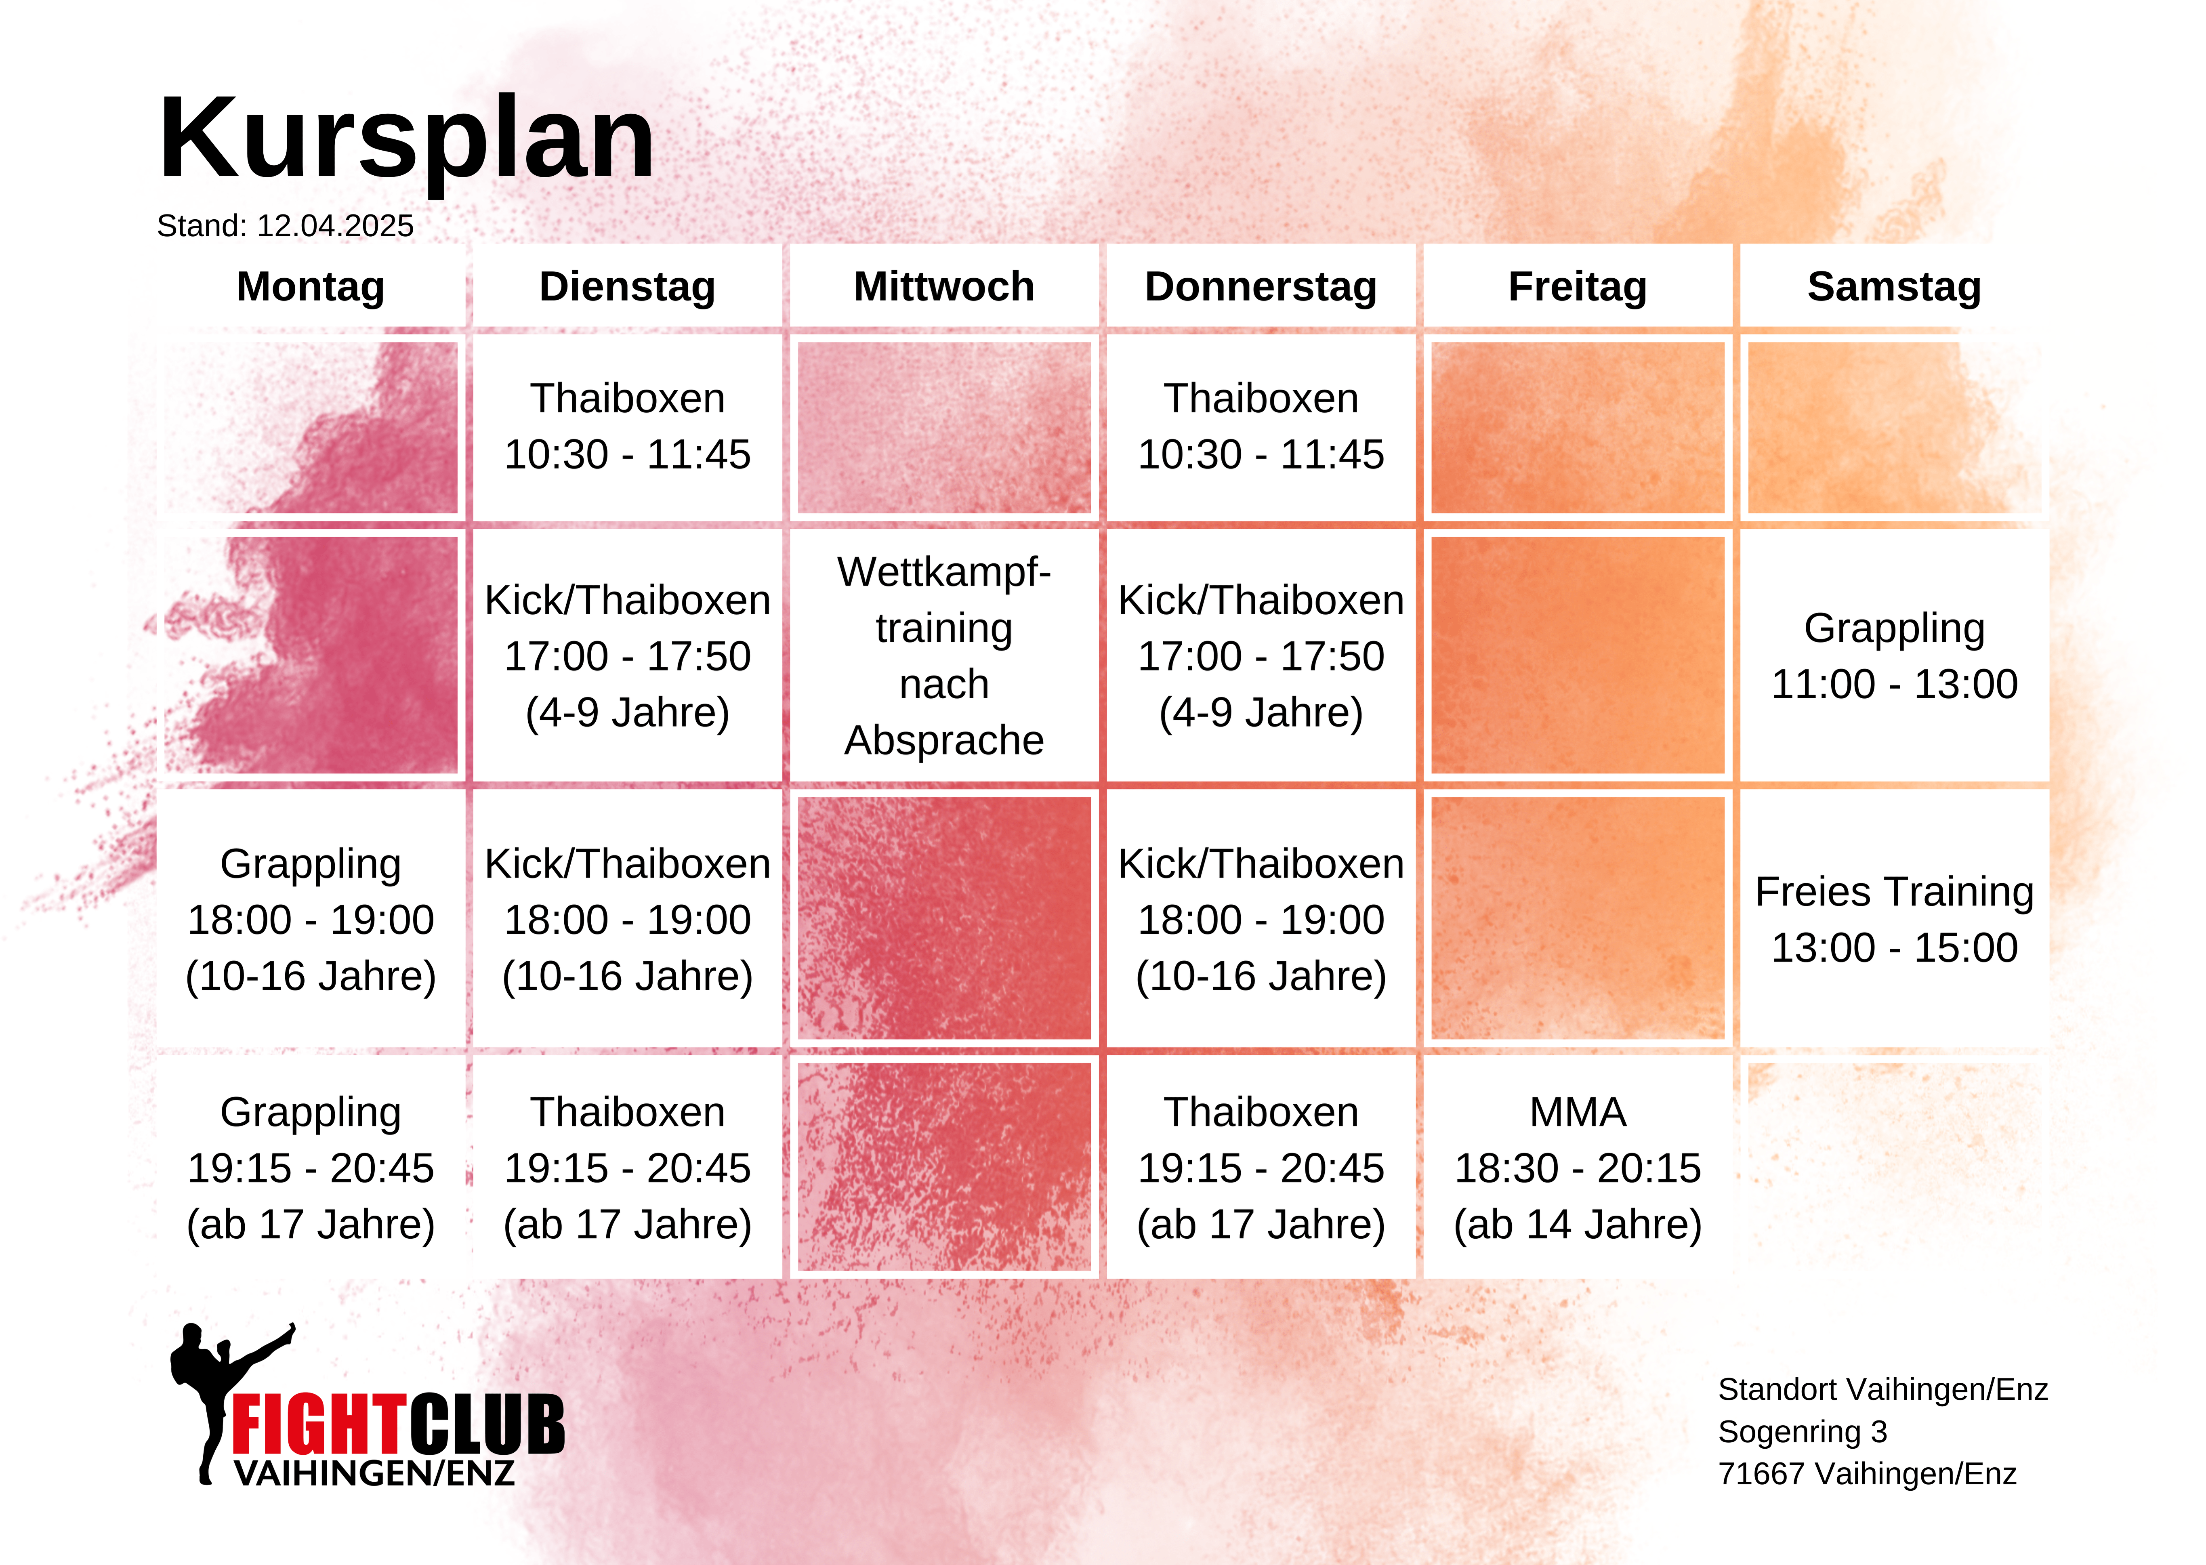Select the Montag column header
[310, 286]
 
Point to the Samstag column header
[1894, 286]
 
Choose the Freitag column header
[1578, 286]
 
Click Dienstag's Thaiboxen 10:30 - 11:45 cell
[627, 427]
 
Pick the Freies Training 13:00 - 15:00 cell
[1894, 919]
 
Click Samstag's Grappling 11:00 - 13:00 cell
[1894, 655]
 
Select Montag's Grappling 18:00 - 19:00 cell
[310, 919]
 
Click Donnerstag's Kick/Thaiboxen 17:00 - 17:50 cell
[1261, 655]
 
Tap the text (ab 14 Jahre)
[1578, 1224]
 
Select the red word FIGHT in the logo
[318, 1424]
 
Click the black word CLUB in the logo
[487, 1424]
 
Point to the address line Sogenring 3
[1802, 1432]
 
